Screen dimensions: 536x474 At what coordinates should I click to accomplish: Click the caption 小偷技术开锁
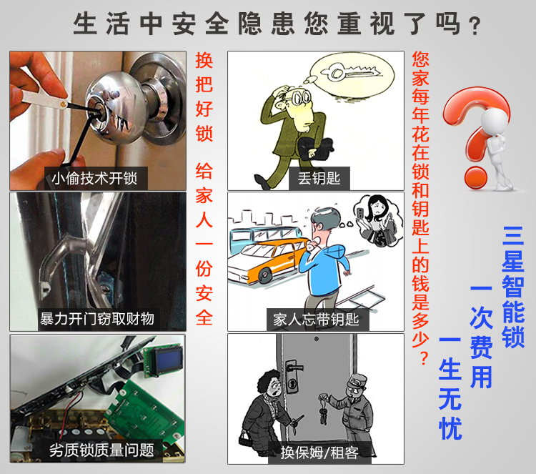tap(94, 178)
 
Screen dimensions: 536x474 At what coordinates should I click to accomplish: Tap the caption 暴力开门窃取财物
tap(96, 319)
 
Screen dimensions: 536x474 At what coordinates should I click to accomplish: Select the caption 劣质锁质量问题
tap(101, 450)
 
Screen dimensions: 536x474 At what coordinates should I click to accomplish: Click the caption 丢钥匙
tap(319, 178)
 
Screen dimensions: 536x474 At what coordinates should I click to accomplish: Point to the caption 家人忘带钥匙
tap(316, 320)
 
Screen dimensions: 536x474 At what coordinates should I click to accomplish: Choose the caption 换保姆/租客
tap(319, 453)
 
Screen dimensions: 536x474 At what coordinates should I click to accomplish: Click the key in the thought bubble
tap(351, 73)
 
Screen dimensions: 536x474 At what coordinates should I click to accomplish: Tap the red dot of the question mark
tap(475, 177)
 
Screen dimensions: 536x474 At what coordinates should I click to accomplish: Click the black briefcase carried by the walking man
tap(315, 148)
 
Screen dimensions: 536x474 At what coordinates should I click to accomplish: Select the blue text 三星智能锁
tap(512, 287)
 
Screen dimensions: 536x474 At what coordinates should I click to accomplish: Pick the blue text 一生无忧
tap(450, 387)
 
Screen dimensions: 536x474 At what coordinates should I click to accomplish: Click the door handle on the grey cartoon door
tap(294, 368)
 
